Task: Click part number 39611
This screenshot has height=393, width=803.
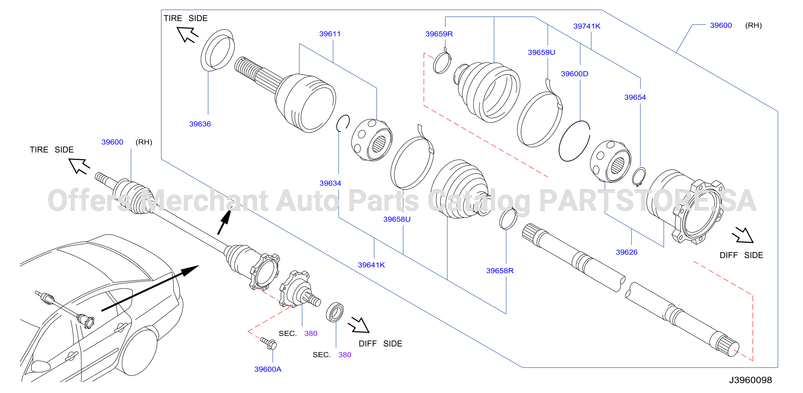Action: tap(330, 34)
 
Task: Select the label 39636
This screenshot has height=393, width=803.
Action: tap(200, 124)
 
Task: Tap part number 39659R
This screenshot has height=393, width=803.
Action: tap(439, 34)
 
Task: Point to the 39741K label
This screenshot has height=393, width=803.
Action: tap(587, 26)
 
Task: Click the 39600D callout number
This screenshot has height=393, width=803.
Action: tap(575, 74)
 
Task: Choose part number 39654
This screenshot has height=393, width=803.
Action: tap(635, 97)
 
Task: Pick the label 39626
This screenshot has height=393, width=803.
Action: tap(627, 252)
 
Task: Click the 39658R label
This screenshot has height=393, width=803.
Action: tap(500, 270)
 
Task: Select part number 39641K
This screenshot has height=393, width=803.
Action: tap(371, 265)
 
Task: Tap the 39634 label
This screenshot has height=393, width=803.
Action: tap(330, 183)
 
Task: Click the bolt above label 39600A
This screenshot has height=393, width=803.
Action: tap(268, 343)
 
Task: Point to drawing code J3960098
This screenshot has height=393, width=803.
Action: tap(750, 380)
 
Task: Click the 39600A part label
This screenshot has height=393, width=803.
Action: tap(268, 369)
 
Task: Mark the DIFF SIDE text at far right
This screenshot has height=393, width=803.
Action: tap(741, 255)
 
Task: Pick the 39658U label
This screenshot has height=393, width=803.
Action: tap(397, 219)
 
